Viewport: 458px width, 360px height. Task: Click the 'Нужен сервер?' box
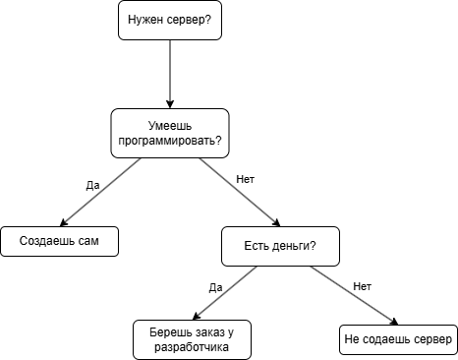tap(170, 20)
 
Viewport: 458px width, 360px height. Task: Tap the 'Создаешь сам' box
tap(60, 241)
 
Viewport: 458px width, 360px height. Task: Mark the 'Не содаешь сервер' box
tap(398, 339)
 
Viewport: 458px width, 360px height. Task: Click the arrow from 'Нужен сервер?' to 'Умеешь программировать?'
tap(170, 74)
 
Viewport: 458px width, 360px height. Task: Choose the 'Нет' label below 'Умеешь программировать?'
tap(246, 180)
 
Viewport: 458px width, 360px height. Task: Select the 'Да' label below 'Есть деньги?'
tap(216, 287)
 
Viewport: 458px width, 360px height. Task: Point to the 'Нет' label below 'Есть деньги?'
tap(362, 286)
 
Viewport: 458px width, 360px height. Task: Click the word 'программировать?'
tap(170, 141)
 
